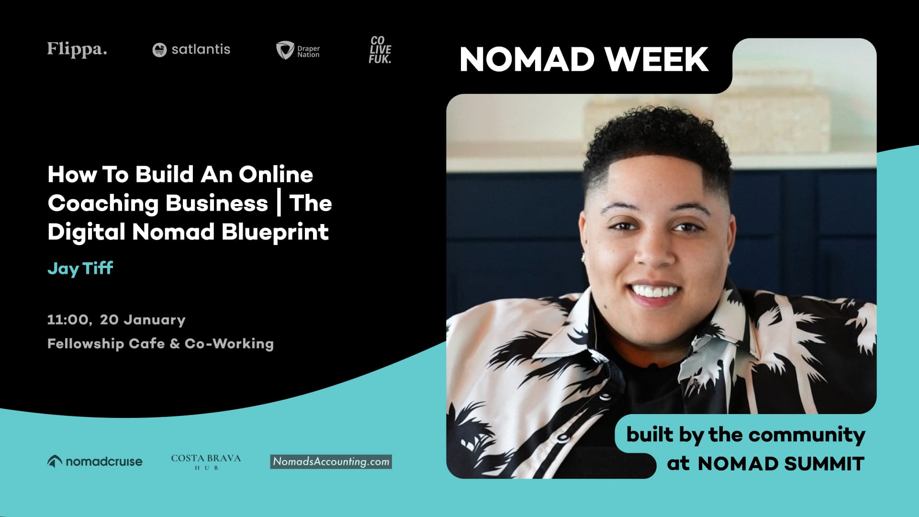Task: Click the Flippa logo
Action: point(77,49)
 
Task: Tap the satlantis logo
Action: point(191,49)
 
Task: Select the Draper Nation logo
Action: point(298,50)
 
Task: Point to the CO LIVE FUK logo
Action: point(380,50)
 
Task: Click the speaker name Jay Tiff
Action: point(80,268)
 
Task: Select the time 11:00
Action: point(68,320)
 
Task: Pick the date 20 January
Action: point(143,320)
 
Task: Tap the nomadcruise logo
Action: point(95,461)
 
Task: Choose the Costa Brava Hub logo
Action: point(206,461)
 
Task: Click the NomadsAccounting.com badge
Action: point(331,461)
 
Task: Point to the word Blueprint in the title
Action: point(275,232)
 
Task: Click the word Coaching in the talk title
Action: point(103,203)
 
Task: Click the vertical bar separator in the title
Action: point(279,203)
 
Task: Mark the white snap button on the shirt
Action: point(563,437)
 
